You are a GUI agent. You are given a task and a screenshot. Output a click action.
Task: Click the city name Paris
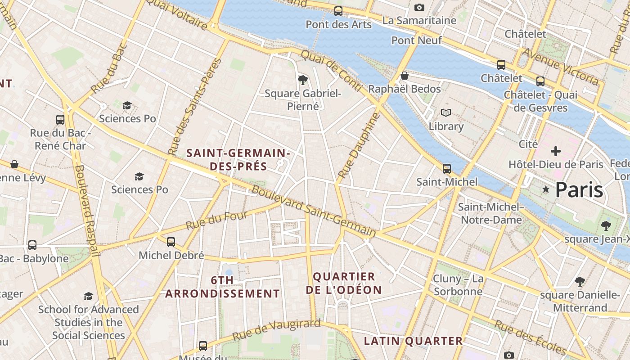579,190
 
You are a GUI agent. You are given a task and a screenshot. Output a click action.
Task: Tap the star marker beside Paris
546,190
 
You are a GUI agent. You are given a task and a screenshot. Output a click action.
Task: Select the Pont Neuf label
416,40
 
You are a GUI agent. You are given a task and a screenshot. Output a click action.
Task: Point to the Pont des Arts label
338,24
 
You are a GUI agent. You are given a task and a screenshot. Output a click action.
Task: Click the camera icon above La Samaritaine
419,7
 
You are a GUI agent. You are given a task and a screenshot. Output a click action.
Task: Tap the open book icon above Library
445,112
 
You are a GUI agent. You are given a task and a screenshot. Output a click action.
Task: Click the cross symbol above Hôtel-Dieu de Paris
556,151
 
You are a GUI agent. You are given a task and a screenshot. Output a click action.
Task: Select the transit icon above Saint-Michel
446,169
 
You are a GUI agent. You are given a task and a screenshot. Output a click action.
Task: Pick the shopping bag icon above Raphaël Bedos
404,76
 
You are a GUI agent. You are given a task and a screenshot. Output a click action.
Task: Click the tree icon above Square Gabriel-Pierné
303,80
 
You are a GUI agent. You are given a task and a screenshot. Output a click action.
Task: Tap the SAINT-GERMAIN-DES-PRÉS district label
238,159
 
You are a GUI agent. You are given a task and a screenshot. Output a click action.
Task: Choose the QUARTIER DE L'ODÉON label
344,283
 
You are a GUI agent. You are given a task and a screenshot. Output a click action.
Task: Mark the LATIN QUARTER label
413,341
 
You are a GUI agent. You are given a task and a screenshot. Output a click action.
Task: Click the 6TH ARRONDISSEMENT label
222,287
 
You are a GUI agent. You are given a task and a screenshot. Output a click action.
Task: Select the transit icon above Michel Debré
171,242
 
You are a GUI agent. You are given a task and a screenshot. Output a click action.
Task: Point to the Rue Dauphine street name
359,145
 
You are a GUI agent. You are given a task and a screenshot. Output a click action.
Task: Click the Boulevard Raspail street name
87,211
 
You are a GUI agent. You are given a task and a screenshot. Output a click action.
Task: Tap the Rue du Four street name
216,220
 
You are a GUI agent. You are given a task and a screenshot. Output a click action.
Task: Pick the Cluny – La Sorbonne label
458,285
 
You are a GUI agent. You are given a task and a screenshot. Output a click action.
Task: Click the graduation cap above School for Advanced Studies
88,296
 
